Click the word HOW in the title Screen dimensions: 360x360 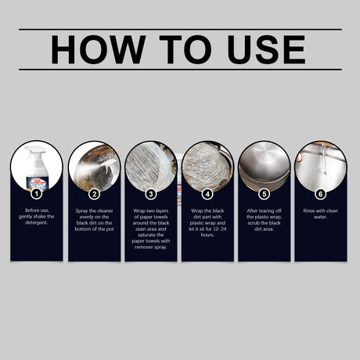coord(99,49)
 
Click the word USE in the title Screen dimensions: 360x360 coord(266,49)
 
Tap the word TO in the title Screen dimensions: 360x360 coord(185,49)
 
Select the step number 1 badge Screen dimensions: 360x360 coord(37,194)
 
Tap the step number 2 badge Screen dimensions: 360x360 coord(94,194)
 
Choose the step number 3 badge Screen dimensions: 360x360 coord(151,194)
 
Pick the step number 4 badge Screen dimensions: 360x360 coord(207,194)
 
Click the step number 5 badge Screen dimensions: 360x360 coord(264,194)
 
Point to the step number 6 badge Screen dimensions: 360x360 coord(321,194)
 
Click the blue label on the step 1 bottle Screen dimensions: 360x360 coord(37,183)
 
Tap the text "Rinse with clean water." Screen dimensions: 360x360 coord(321,214)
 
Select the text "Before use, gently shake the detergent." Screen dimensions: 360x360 coord(37,217)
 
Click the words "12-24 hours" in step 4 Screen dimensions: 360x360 coord(211,232)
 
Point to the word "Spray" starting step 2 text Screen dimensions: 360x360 coord(81,211)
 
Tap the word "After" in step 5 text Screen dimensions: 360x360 coord(252,211)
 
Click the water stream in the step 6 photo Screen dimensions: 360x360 coord(323,158)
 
